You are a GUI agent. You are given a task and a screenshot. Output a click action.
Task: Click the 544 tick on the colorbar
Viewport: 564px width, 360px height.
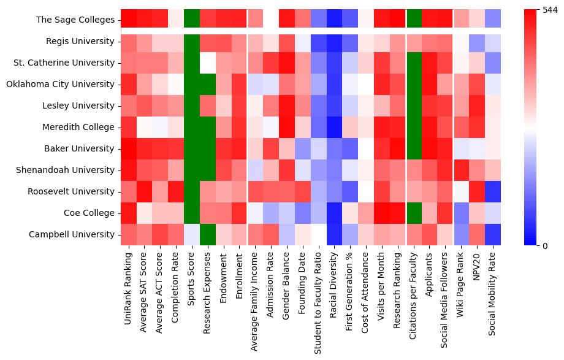click(x=551, y=10)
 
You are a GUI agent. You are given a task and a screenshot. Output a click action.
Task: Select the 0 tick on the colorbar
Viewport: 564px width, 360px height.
click(x=545, y=245)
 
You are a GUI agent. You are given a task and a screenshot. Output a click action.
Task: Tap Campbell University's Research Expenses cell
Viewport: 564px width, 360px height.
click(x=208, y=234)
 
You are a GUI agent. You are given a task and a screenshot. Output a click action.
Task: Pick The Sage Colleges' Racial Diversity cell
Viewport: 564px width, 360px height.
click(x=334, y=20)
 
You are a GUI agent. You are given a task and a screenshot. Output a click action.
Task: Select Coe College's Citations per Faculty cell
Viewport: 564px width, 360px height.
click(x=413, y=213)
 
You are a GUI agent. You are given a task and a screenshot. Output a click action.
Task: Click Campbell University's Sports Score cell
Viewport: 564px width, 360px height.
click(x=192, y=234)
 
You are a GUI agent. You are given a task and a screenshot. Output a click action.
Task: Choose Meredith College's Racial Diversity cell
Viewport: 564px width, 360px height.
click(x=334, y=127)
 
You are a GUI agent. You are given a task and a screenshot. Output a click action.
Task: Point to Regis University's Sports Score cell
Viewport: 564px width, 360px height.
click(x=192, y=41)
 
